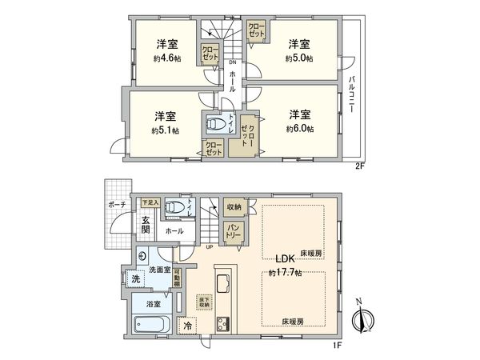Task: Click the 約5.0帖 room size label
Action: (299, 58)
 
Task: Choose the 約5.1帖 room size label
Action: (166, 130)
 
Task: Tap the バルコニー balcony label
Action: (352, 93)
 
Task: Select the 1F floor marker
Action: (338, 344)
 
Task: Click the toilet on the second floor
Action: (216, 124)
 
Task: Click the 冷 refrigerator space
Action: (188, 326)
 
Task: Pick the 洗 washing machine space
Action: (137, 279)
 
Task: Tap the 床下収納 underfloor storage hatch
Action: (205, 302)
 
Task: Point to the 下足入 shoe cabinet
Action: (150, 203)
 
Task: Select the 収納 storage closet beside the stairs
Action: (234, 205)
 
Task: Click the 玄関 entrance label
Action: (147, 226)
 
